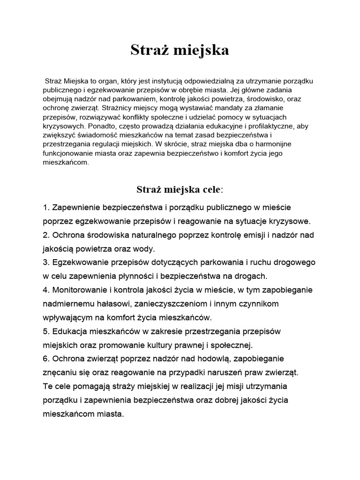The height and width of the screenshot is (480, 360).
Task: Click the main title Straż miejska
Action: pos(180,51)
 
